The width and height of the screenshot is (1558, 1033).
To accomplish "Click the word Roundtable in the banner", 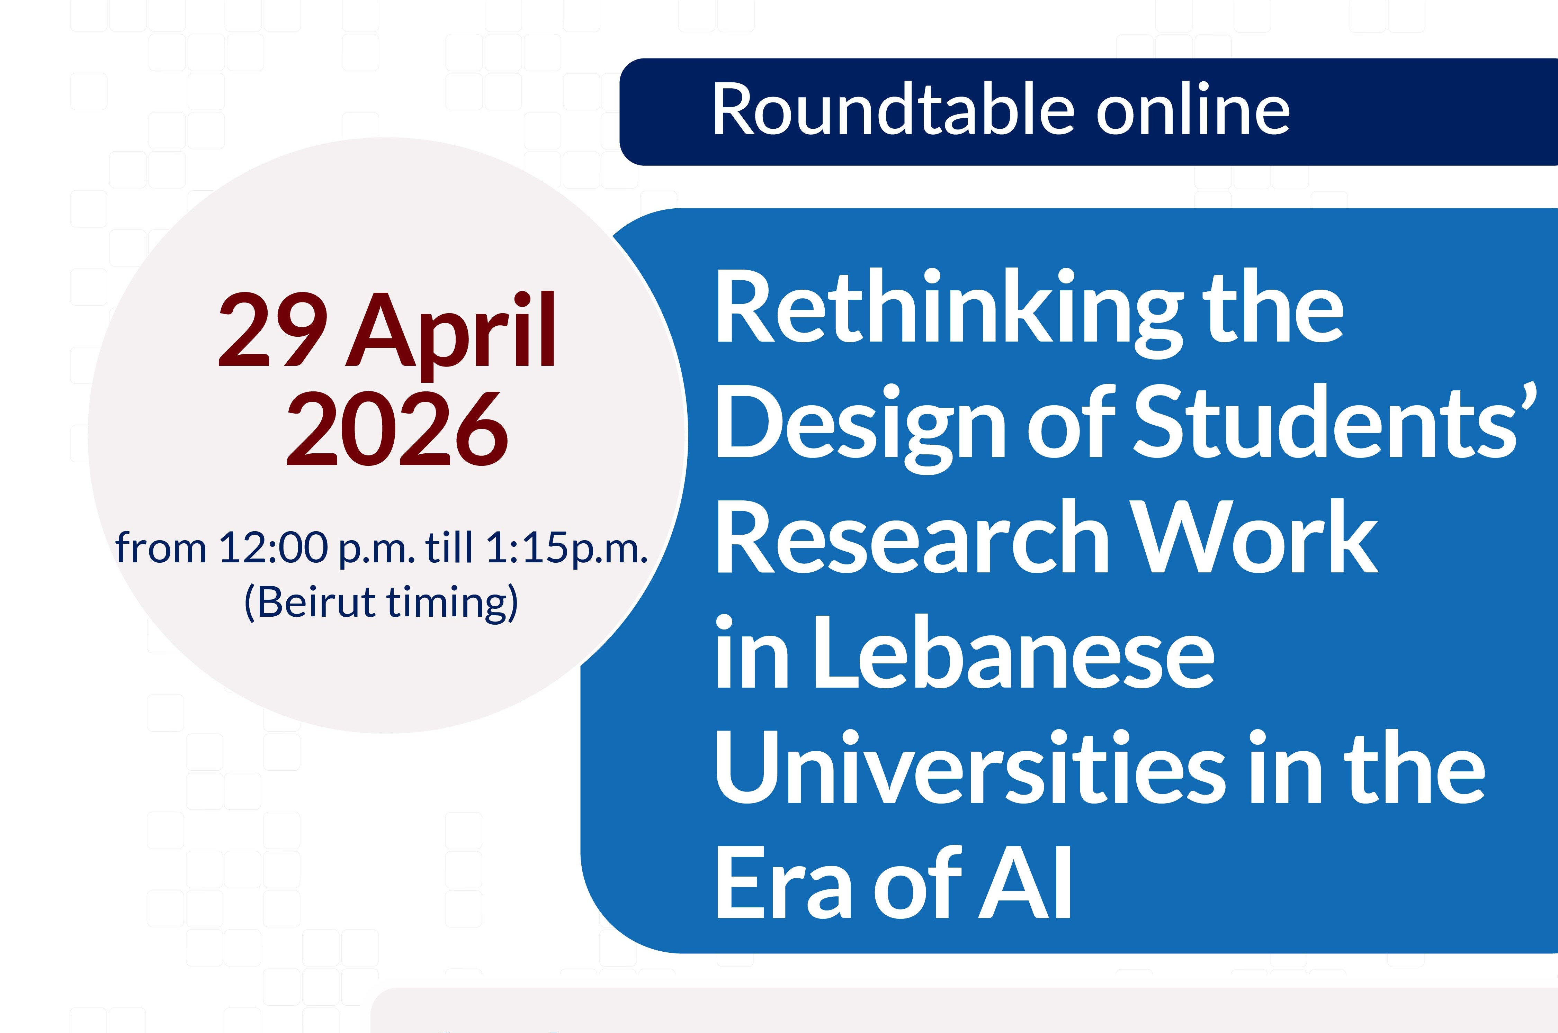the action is pyautogui.click(x=893, y=109).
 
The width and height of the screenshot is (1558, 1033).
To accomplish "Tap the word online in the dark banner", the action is pyautogui.click(x=1193, y=109).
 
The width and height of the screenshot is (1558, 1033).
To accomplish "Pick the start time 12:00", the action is pyautogui.click(x=274, y=547).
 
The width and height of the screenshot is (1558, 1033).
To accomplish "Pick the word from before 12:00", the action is pyautogui.click(x=161, y=547).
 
